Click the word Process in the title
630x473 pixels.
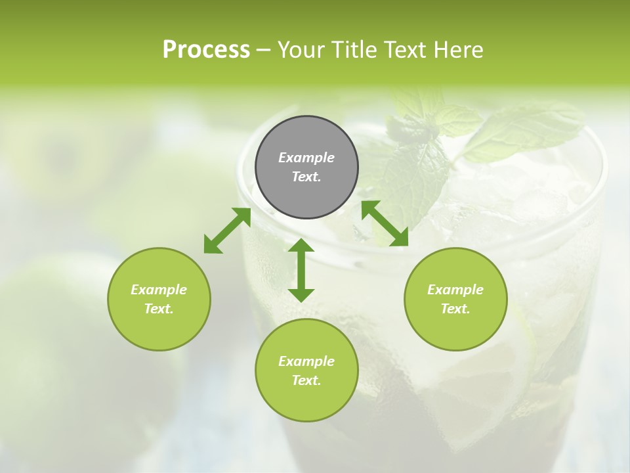click(x=206, y=50)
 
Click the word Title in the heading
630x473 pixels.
click(x=348, y=50)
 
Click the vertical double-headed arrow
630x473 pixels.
click(x=301, y=270)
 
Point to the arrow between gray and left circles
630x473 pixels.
click(x=227, y=231)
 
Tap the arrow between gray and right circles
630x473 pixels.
click(x=385, y=223)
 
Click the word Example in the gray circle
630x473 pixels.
click(x=306, y=158)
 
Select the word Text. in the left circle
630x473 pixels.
click(x=159, y=309)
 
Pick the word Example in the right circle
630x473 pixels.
click(x=455, y=290)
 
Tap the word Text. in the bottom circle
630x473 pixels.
click(x=306, y=380)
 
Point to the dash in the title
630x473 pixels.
click(x=264, y=51)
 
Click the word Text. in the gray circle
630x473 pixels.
click(x=306, y=177)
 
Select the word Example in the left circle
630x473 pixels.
click(x=159, y=290)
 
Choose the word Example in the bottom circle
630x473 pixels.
click(x=306, y=361)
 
